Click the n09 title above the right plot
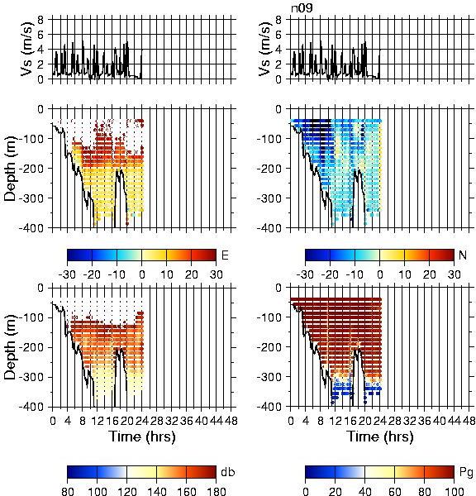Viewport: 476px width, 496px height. click(302, 8)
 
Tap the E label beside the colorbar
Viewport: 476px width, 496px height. click(225, 255)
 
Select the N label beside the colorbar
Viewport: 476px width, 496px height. click(463, 255)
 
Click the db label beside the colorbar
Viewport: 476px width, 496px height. click(228, 472)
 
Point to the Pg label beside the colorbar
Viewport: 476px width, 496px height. click(466, 473)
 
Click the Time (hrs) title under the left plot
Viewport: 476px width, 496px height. click(142, 436)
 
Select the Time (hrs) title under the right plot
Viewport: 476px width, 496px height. click(380, 436)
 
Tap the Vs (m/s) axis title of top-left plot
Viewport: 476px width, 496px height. click(27, 50)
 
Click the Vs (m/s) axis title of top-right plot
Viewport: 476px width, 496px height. click(265, 50)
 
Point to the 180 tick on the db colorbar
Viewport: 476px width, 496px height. click(217, 491)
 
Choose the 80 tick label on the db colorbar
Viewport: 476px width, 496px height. click(68, 491)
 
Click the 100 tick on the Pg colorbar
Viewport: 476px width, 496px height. click(455, 491)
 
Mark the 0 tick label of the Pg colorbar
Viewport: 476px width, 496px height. click(305, 491)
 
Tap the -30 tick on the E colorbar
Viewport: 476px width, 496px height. click(67, 274)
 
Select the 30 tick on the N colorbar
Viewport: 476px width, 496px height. click(455, 274)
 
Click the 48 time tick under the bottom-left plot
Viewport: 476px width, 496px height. click(231, 421)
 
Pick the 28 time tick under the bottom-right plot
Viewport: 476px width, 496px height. click(395, 421)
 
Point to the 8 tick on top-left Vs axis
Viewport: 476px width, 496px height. click(40, 20)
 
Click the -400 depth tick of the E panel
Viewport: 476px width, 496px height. click(31, 228)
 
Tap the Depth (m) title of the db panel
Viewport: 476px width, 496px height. click(10, 347)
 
